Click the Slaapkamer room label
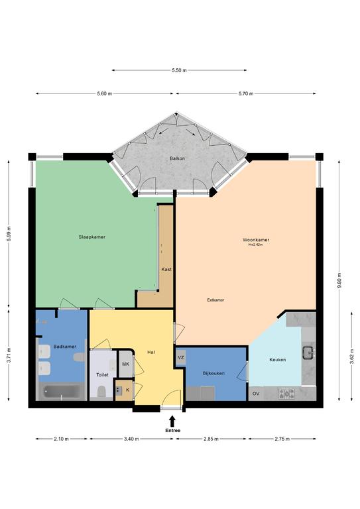(x=92, y=237)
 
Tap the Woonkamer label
(x=256, y=240)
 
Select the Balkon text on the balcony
(x=177, y=158)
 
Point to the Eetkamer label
(x=215, y=300)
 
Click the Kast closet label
(x=166, y=269)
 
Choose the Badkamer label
(x=65, y=347)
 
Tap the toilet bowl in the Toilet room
(x=101, y=392)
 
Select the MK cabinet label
(x=125, y=364)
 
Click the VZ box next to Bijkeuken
(x=181, y=358)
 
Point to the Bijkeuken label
(x=213, y=373)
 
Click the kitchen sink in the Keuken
(x=308, y=353)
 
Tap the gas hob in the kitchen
(x=286, y=394)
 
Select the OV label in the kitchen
(x=256, y=394)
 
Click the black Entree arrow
(x=172, y=422)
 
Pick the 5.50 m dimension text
(x=180, y=70)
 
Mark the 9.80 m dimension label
(x=339, y=280)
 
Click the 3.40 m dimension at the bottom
(x=131, y=439)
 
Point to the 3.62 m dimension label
(x=352, y=357)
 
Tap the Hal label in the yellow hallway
(x=150, y=352)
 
